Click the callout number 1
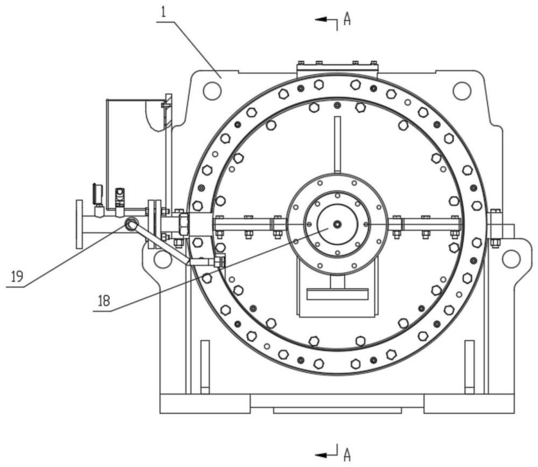164,13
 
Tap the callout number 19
17,276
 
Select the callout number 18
104,301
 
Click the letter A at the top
347,19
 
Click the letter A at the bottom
347,455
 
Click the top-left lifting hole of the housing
213,90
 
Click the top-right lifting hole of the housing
462,90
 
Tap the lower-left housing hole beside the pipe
162,259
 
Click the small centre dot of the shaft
338,225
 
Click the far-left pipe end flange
79,225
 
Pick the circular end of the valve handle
131,224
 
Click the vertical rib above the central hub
338,144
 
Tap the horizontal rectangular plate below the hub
338,295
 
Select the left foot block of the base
205,403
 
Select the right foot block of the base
469,403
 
